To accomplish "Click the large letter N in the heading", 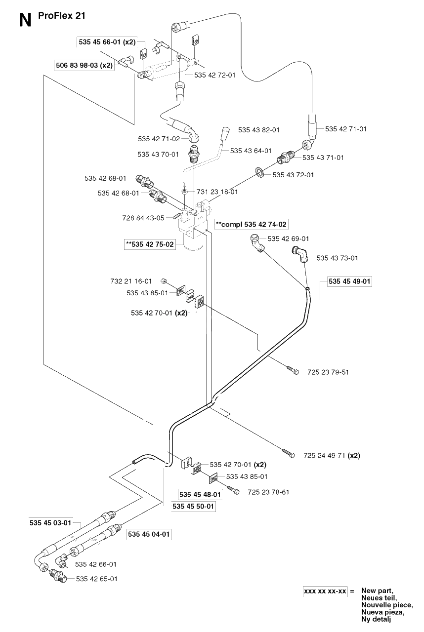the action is [x=25, y=20].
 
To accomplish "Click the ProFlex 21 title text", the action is [x=62, y=15].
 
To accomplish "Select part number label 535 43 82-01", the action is [x=258, y=130].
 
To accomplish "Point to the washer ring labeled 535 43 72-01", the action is [x=260, y=172].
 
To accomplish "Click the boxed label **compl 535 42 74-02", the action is [x=251, y=224].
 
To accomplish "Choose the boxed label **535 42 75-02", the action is [x=150, y=244].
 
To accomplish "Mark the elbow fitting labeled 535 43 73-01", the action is [x=300, y=254].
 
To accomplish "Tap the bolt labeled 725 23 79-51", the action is [x=293, y=370].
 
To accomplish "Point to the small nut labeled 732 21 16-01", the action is [x=163, y=281].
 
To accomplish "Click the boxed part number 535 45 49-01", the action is [x=349, y=281].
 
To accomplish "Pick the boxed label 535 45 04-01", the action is [x=149, y=534].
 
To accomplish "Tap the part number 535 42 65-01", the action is [x=96, y=579].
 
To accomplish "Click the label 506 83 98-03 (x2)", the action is [x=84, y=65].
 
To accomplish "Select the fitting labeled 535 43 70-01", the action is [x=194, y=154].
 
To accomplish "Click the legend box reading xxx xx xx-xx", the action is [x=325, y=591].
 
